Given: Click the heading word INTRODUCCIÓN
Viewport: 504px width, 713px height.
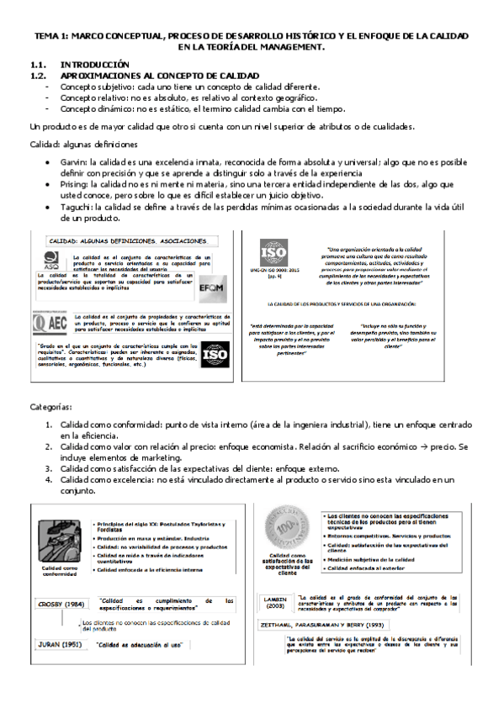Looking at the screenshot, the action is pyautogui.click(x=94, y=64).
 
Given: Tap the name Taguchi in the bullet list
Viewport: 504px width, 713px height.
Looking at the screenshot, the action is pyautogui.click(x=75, y=207).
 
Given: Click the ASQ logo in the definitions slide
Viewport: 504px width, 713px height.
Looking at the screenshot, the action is pyautogui.click(x=50, y=260).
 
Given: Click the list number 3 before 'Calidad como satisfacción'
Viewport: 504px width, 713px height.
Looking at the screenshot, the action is pyautogui.click(x=49, y=468).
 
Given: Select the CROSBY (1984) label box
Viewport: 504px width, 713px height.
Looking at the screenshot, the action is pyautogui.click(x=61, y=603).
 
